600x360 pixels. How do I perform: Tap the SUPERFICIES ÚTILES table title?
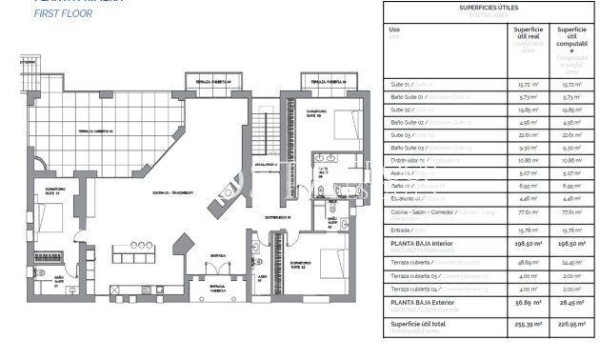click(473, 9)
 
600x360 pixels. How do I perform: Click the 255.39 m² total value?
click(523, 324)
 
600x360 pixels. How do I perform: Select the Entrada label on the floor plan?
click(218, 255)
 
